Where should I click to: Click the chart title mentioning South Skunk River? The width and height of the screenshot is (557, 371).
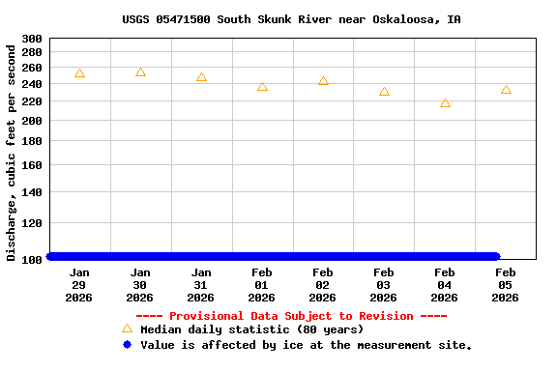(291, 19)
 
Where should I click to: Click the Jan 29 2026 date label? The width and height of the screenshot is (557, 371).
(79, 285)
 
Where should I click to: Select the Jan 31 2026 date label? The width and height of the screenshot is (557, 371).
(201, 285)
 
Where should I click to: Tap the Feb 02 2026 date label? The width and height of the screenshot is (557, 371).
(323, 285)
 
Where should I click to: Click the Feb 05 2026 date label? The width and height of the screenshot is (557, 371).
(505, 285)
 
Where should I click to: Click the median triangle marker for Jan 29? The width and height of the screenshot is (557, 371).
(79, 73)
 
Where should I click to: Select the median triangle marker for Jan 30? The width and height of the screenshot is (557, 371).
(140, 72)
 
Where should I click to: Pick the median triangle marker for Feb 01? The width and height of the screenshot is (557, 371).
(262, 87)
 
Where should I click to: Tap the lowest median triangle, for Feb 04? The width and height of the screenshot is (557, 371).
(445, 103)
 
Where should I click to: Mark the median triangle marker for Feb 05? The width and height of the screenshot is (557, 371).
(506, 90)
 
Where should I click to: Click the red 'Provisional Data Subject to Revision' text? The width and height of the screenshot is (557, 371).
(291, 316)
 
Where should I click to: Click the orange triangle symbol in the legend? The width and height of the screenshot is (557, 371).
(127, 328)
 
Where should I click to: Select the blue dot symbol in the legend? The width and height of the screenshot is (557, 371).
(127, 344)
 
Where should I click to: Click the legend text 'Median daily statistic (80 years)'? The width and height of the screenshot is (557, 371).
(252, 329)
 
